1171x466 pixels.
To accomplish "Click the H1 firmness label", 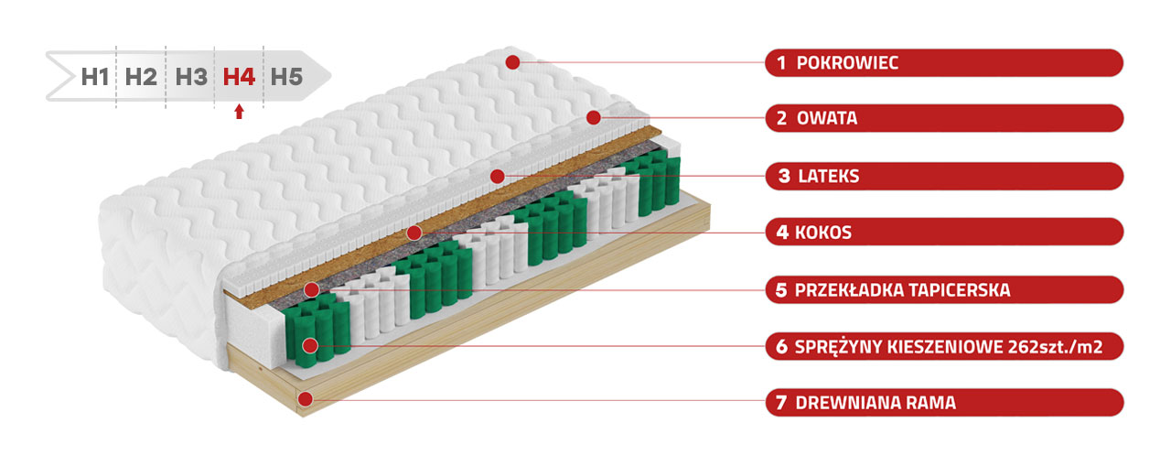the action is pos(94,77).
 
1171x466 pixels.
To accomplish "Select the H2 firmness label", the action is pos(141,77).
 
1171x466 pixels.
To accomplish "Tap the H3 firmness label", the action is pos(191,77).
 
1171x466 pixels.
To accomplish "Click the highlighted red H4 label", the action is pos(239,77).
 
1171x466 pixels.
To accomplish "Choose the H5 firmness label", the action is pos(286,77).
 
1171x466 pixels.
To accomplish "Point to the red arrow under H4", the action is pos(239,112).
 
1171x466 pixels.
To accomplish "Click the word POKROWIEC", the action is pos(847,63).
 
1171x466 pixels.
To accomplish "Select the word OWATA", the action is pos(827,118).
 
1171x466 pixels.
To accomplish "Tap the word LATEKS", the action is pos(829,177).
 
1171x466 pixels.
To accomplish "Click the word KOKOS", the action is pos(823,233).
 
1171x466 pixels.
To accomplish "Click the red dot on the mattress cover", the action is pos(513,62).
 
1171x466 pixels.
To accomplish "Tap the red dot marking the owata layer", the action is pos(594,118).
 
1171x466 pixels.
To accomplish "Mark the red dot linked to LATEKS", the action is pos(498,177).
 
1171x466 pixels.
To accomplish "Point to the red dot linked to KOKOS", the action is pos(414,233).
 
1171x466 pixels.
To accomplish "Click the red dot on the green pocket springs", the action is pos(310,345).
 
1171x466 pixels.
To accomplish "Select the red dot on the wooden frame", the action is pos(306,399).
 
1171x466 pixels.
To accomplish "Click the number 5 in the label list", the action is pos(781,290).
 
